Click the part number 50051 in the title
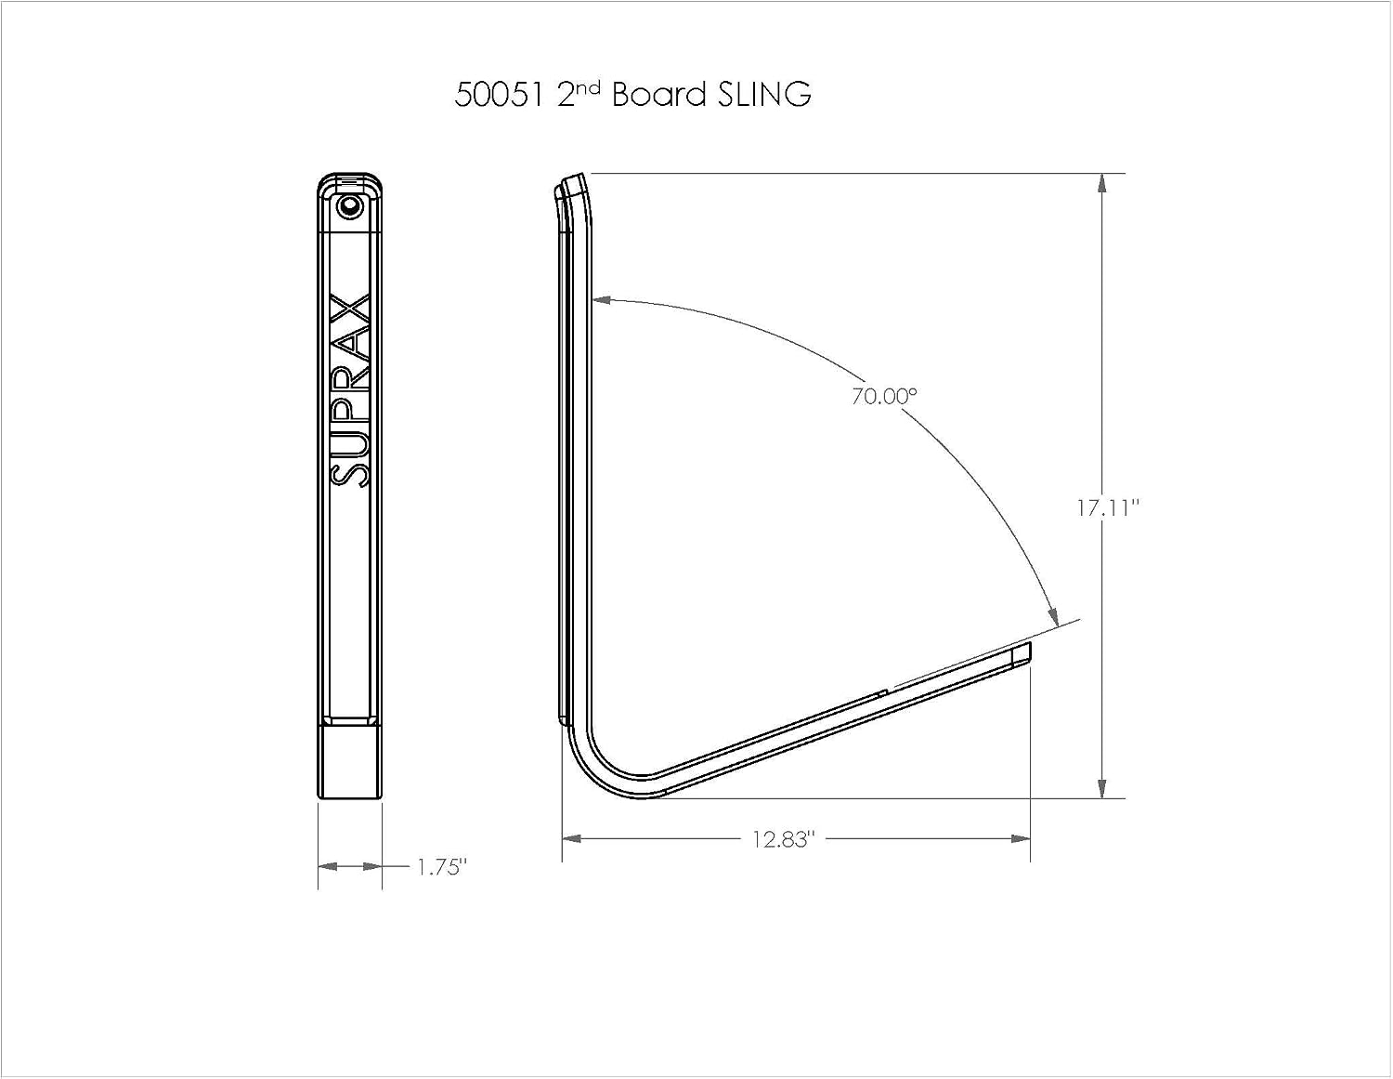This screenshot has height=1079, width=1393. (x=501, y=95)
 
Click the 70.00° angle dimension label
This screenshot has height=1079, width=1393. (x=885, y=397)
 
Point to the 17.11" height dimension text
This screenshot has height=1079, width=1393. (x=1109, y=508)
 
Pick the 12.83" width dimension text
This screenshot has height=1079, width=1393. (x=784, y=839)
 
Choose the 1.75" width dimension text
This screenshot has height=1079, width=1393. (x=442, y=867)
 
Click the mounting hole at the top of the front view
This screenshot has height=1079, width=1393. (x=349, y=206)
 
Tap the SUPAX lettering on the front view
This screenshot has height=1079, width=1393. (x=350, y=390)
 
